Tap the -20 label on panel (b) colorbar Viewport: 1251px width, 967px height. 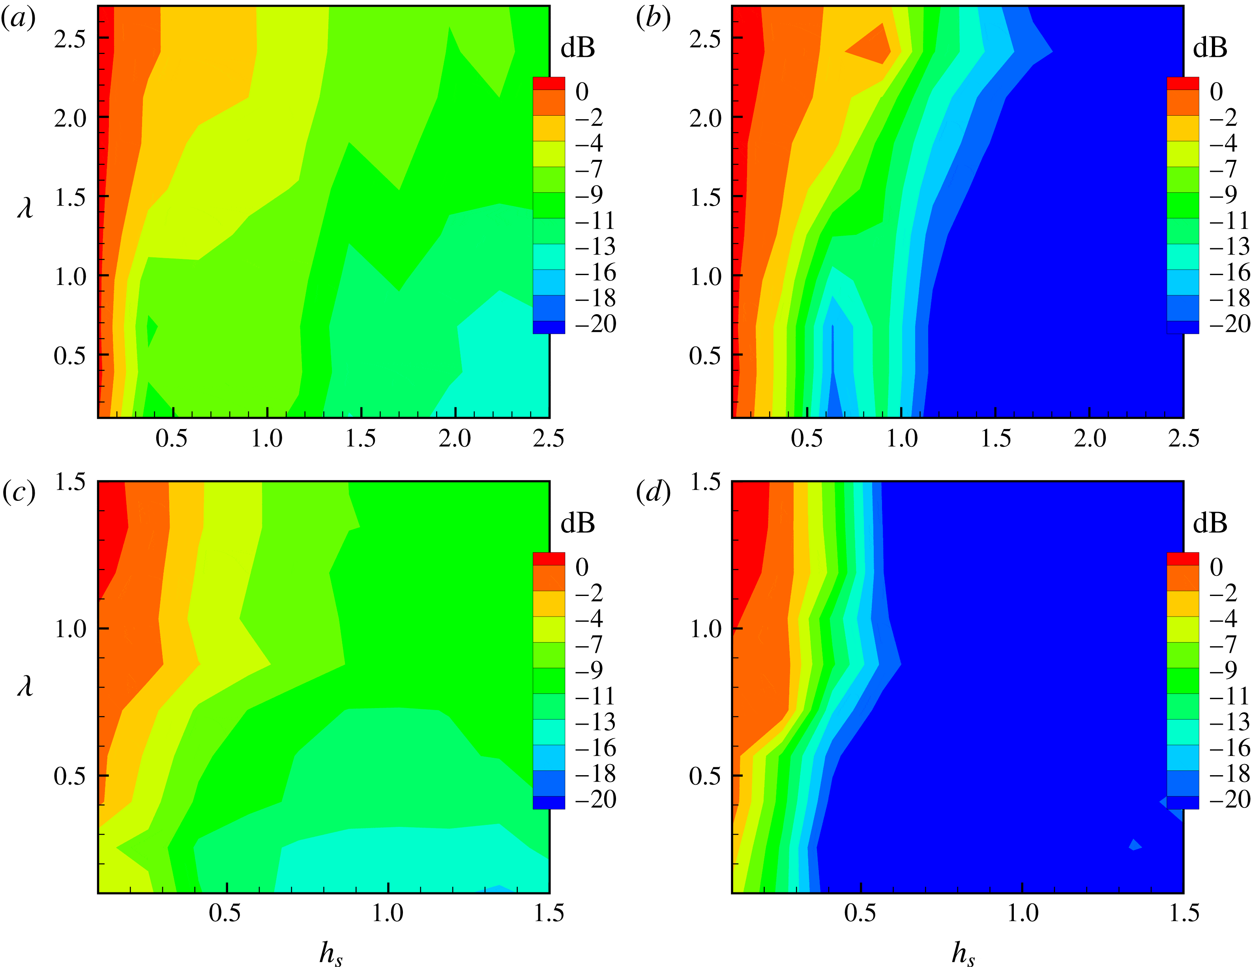1229,324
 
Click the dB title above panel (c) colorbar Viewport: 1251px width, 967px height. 577,523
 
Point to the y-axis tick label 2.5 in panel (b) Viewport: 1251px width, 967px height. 705,39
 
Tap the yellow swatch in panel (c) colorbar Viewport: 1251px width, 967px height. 548,603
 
